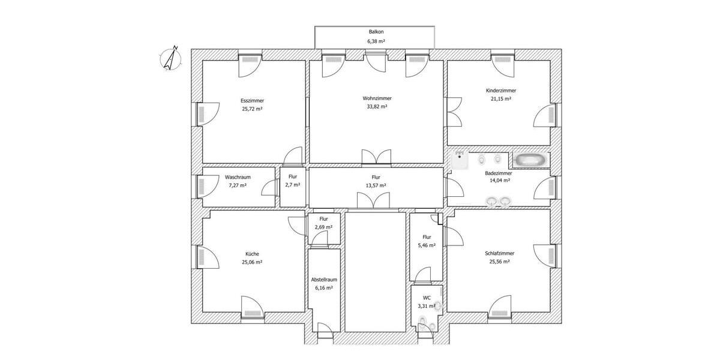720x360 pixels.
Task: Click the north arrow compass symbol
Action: (172, 59)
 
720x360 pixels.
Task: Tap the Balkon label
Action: (376, 32)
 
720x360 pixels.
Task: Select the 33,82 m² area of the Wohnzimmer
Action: (377, 106)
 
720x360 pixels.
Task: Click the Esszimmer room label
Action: (252, 101)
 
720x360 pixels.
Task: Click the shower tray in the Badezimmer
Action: (460, 160)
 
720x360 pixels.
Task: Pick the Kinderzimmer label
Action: (500, 91)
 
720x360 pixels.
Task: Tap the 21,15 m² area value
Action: (500, 99)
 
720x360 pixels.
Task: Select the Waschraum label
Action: (238, 178)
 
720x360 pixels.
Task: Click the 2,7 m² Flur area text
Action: (292, 185)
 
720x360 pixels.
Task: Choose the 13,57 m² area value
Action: (376, 186)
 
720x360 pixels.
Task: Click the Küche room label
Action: (252, 254)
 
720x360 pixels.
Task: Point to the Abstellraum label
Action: (323, 280)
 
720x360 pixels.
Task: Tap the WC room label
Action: (427, 298)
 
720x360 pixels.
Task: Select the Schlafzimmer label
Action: (499, 254)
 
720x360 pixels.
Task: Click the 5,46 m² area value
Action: (427, 245)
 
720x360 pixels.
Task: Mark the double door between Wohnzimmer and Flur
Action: (376, 157)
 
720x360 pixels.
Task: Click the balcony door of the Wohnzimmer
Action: (376, 62)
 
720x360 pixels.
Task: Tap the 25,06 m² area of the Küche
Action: (252, 262)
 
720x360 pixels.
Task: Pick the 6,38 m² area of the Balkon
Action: (376, 41)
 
